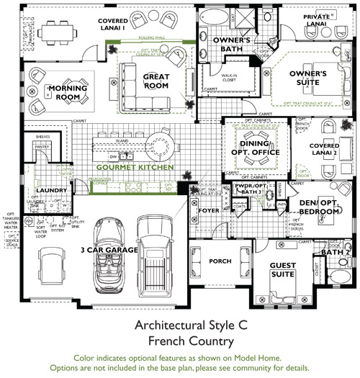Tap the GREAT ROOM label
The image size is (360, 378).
[x=156, y=81]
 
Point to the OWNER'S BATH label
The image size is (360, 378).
[x=230, y=45]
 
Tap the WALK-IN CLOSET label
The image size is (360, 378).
[x=230, y=77]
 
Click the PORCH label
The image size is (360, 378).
[x=219, y=261]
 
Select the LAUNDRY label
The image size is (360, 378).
[x=50, y=191]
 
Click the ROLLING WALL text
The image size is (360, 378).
[x=151, y=38]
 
